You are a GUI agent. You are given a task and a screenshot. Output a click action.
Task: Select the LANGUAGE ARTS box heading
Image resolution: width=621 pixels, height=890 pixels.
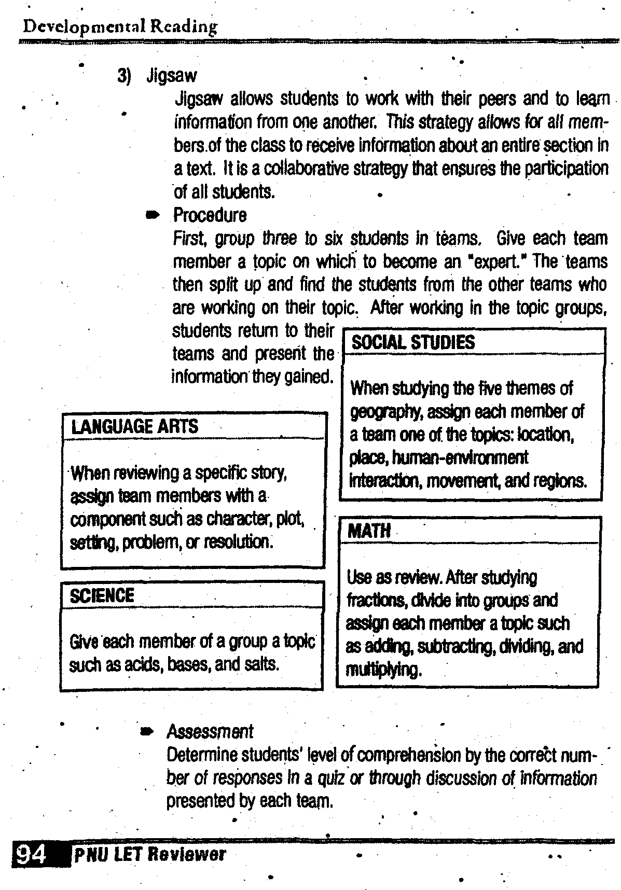pos(134,427)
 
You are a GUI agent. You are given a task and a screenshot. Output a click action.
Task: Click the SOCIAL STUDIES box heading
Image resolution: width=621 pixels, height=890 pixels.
pos(413,343)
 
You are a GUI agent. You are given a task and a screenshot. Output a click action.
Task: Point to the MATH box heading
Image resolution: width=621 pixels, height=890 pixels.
pos(369,531)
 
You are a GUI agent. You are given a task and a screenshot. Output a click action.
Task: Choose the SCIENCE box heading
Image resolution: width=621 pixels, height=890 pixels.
pos(102,595)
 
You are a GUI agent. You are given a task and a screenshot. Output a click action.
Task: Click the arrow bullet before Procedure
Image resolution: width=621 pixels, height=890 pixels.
pos(153,216)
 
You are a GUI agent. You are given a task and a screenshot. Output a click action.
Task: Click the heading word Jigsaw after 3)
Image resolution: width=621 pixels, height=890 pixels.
pos(172,76)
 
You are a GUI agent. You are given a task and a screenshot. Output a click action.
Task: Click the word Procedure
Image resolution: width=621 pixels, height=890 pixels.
pos(210,215)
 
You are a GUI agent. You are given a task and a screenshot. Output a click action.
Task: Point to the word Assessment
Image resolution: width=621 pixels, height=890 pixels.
pos(210,732)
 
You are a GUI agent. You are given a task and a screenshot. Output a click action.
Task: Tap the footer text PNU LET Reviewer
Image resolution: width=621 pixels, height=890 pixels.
pos(150,854)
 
